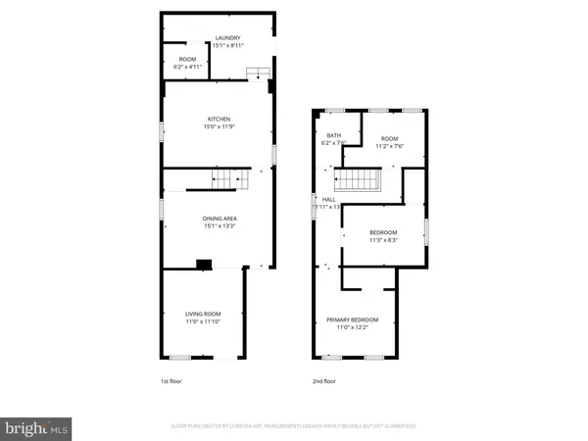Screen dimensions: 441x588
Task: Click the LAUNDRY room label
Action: [227, 37]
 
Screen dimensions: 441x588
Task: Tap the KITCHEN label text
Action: [219, 119]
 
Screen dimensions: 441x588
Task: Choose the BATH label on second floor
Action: [333, 135]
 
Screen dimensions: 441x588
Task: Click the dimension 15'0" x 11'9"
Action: [219, 126]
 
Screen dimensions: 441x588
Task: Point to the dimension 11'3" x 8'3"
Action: [383, 240]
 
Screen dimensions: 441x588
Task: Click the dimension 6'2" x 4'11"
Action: [187, 67]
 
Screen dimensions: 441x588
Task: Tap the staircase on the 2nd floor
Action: [357, 181]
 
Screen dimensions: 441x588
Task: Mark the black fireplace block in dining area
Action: [203, 264]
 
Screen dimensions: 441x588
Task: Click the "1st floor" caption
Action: [171, 380]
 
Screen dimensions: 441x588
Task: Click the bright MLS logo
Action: [37, 427]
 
